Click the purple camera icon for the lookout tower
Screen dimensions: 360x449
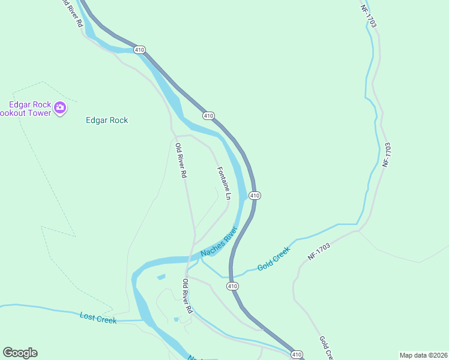[x=59, y=108]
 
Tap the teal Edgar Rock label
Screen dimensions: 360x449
[x=107, y=120]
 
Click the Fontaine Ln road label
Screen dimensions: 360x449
[x=223, y=183]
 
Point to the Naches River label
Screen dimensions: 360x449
[x=219, y=242]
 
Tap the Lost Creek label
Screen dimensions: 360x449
[x=98, y=318]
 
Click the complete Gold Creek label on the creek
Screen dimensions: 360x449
[x=274, y=258]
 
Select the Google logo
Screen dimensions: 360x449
[x=20, y=353]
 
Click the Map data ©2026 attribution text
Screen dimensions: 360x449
[x=424, y=355]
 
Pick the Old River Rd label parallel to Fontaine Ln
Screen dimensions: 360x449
[x=181, y=160]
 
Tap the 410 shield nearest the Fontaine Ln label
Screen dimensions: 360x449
[x=255, y=196]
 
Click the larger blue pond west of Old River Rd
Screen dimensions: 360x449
[x=161, y=277]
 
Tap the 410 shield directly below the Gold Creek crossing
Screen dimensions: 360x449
[x=233, y=287]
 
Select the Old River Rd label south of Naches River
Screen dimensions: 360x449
[x=187, y=296]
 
